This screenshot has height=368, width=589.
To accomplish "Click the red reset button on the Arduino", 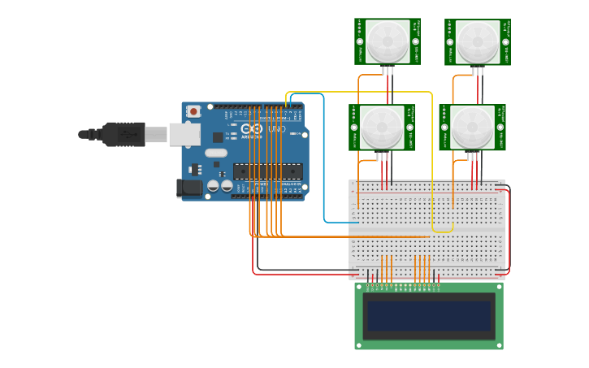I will coord(193,111).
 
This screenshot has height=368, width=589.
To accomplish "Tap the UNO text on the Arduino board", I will coord(277,129).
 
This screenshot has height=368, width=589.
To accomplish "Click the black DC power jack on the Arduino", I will coord(189,188).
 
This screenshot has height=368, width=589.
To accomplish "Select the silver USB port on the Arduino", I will coord(184,134).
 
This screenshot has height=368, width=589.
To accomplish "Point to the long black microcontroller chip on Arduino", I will coord(267,171).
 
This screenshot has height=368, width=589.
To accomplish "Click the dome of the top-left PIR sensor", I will coord(388,41).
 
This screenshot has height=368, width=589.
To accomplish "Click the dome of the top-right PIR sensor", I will coord(478,42).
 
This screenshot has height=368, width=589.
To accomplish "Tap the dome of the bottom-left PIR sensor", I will coord(382,127).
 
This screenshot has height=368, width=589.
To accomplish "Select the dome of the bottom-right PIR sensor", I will coord(472,127).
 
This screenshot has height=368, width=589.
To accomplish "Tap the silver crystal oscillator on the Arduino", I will coord(216,153).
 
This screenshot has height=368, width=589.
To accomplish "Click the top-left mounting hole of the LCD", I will coord(359,287).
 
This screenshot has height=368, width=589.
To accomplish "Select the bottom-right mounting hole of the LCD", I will coord(498,345).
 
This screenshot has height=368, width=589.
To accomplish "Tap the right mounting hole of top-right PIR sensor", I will coord(505,41).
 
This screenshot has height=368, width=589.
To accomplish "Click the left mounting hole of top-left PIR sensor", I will coord(360,41).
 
